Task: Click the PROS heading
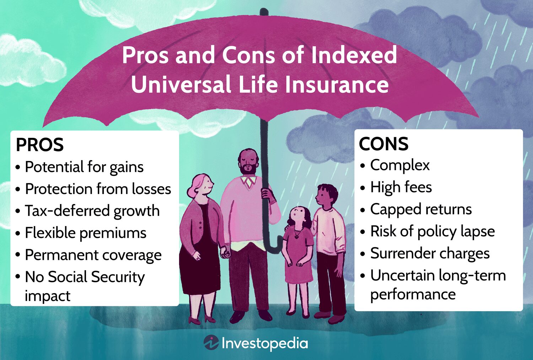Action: (40, 145)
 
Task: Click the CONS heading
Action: (383, 144)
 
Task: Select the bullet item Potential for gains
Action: (84, 167)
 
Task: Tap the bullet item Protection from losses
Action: (98, 189)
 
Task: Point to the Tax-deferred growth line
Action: (92, 211)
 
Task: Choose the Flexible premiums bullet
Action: (86, 233)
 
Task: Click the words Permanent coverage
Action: (93, 255)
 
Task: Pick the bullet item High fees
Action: (401, 187)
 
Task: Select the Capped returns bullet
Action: (421, 209)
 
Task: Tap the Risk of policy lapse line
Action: (432, 231)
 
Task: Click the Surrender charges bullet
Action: (430, 253)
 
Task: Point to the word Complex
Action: (400, 165)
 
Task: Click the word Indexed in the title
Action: (354, 55)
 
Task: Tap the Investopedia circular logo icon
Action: (211, 343)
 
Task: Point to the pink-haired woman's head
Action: (201, 185)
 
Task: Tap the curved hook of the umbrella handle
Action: (273, 247)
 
